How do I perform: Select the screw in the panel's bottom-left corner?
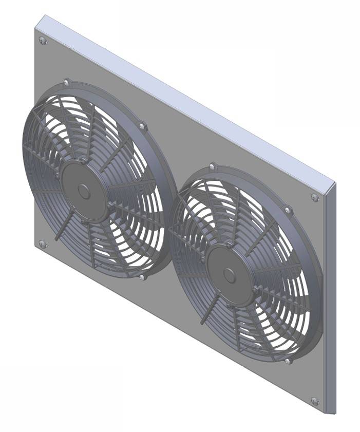[x=42, y=243]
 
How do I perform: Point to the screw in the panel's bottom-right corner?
[x=315, y=401]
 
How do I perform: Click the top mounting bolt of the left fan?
[x=67, y=82]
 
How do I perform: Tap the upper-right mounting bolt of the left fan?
[x=142, y=125]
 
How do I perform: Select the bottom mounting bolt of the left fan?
[x=142, y=277]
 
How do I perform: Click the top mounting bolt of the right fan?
[x=213, y=167]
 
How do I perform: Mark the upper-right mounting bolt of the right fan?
[x=288, y=210]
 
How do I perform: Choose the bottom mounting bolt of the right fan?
[x=287, y=361]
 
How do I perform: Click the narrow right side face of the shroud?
[x=330, y=298]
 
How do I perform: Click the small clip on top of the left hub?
[x=83, y=163]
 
